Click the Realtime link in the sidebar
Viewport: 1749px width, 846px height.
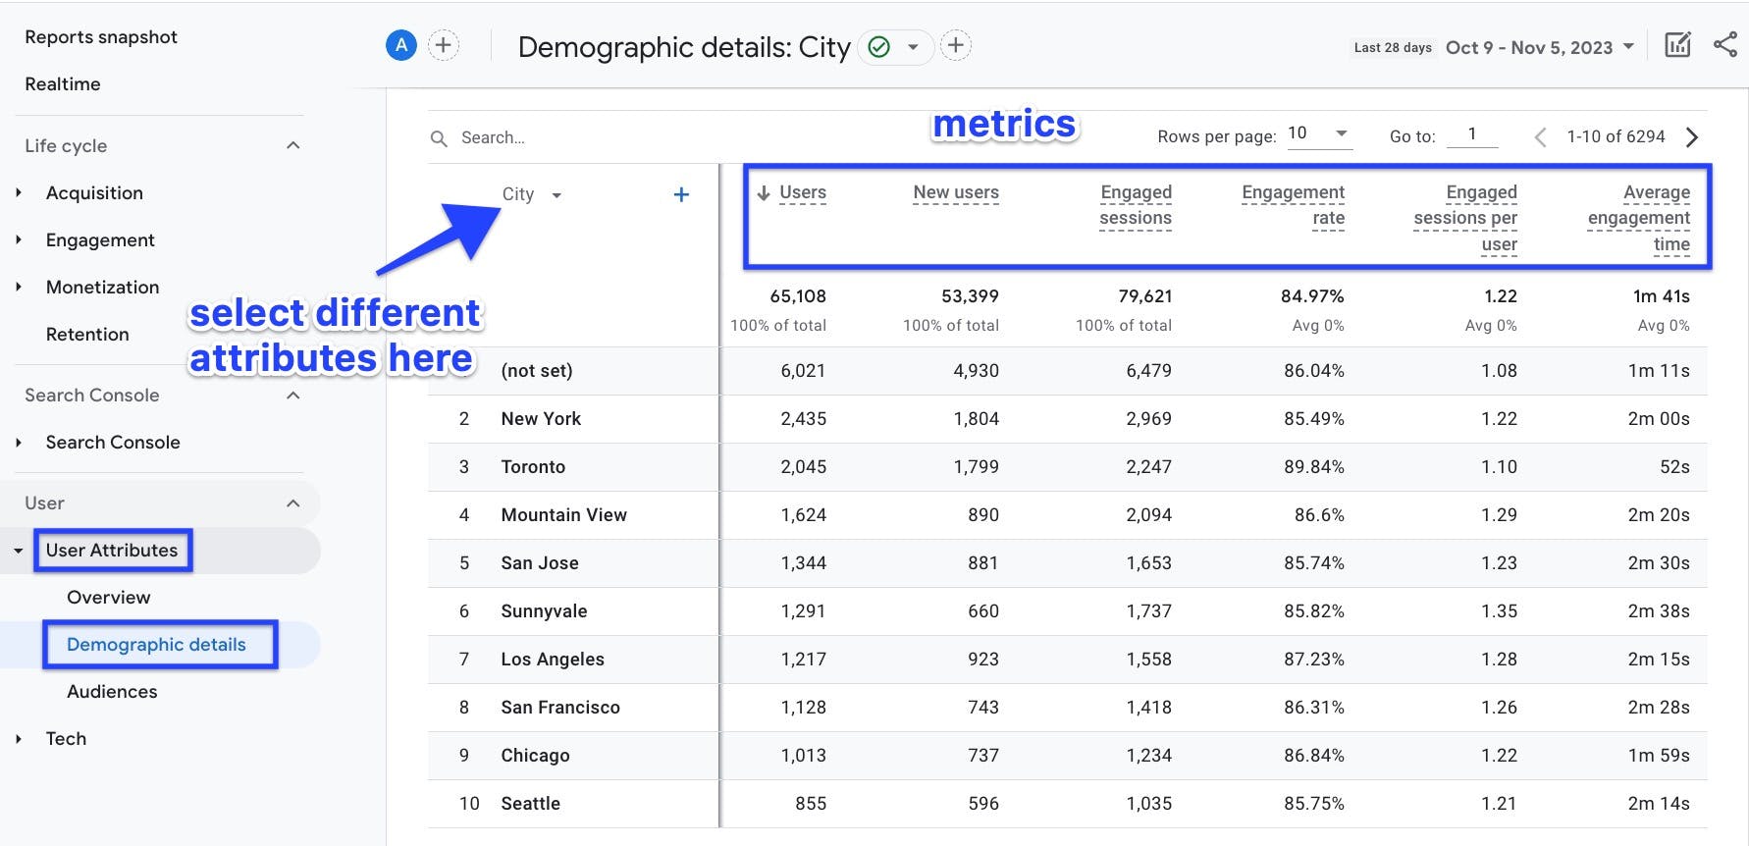tap(63, 84)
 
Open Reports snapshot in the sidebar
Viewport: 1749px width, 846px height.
tap(101, 37)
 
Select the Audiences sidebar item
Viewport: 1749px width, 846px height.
tap(112, 692)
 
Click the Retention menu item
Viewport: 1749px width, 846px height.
tap(87, 335)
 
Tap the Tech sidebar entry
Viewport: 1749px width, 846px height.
tap(66, 739)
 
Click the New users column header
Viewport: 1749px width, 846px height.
tap(955, 193)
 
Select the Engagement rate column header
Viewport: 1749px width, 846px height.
tap(1293, 205)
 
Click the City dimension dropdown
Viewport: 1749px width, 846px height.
tap(531, 194)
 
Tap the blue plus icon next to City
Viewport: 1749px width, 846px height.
tap(681, 194)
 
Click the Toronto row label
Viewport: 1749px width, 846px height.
tap(533, 467)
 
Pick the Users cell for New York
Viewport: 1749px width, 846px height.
tap(803, 419)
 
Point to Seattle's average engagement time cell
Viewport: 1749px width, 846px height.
tap(1658, 804)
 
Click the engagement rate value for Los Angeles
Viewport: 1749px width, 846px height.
tap(1313, 660)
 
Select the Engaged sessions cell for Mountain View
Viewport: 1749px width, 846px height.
tap(1148, 515)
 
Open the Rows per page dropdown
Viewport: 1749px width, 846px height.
tap(1318, 134)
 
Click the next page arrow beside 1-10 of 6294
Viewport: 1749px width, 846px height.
tap(1692, 137)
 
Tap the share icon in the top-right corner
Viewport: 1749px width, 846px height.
tap(1724, 45)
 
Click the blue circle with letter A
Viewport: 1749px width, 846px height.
tap(400, 45)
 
